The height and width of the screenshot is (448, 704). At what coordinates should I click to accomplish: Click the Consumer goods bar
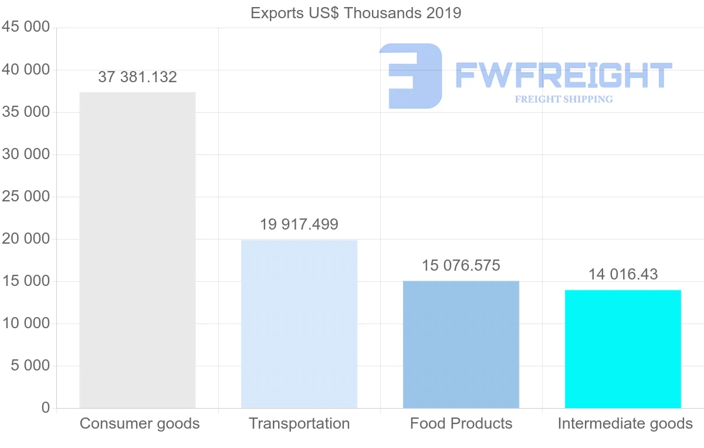(x=137, y=250)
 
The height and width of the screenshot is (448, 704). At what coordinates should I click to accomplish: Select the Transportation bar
(x=299, y=324)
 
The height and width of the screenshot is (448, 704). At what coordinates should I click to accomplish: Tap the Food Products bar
(x=461, y=344)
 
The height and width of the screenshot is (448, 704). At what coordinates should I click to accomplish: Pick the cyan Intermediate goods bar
(x=623, y=349)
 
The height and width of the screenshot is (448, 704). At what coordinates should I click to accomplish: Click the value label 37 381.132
(x=137, y=77)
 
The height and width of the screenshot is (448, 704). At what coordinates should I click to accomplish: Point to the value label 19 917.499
(x=299, y=224)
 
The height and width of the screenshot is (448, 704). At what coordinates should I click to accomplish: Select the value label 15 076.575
(x=461, y=265)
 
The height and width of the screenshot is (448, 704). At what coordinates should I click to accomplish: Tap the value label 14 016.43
(x=623, y=274)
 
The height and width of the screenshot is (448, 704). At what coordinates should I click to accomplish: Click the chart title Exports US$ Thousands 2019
(x=356, y=13)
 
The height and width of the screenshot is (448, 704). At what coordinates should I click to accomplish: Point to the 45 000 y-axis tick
(x=25, y=28)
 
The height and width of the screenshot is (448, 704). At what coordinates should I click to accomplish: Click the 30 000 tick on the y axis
(x=25, y=154)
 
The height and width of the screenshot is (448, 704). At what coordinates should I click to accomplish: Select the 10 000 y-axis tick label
(x=25, y=324)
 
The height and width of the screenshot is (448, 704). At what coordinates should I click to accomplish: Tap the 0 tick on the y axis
(x=46, y=408)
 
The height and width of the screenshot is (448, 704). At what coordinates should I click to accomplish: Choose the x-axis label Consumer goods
(x=140, y=423)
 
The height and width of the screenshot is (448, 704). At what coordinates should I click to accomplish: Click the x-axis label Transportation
(x=299, y=423)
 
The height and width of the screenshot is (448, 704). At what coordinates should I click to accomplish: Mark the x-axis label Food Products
(x=461, y=423)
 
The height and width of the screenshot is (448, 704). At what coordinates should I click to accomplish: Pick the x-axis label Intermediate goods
(x=625, y=423)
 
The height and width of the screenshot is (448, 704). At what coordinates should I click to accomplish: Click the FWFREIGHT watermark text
(x=563, y=75)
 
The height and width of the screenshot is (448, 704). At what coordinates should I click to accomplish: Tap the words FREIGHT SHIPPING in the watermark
(x=563, y=99)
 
